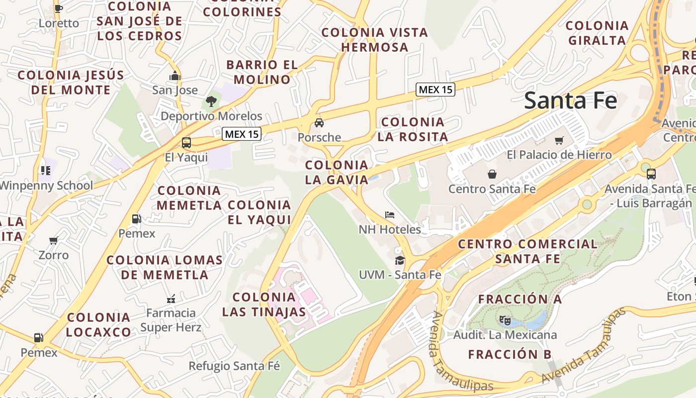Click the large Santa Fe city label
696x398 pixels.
(570, 100)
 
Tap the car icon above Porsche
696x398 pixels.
(319, 123)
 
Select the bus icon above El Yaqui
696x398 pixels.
(186, 143)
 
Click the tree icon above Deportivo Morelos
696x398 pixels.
(211, 101)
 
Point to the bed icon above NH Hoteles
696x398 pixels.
(390, 215)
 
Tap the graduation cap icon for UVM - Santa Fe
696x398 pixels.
(400, 260)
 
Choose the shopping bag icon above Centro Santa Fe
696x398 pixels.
(492, 174)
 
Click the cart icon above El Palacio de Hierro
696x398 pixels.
(559, 141)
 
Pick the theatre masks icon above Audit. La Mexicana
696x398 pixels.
(505, 320)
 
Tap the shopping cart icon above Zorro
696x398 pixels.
(54, 241)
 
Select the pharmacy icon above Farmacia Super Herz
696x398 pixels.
(171, 298)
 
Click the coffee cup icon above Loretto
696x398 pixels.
(59, 8)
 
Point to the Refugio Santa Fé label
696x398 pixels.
(234, 366)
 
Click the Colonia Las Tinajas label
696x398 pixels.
(264, 304)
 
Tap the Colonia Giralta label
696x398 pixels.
(597, 33)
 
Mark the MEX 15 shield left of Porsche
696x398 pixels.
(242, 134)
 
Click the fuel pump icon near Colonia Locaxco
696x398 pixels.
(39, 338)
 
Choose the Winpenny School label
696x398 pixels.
(46, 186)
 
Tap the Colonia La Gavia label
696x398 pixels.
(337, 172)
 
